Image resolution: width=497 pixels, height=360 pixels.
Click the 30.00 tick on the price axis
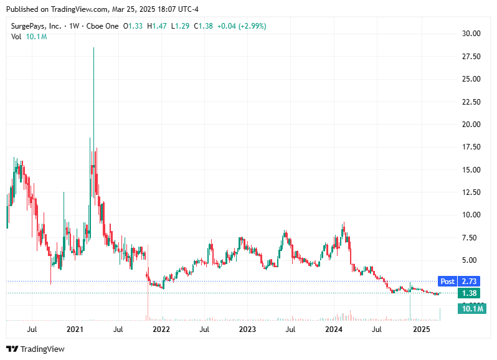point(470,34)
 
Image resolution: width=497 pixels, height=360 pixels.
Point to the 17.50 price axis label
point(470,147)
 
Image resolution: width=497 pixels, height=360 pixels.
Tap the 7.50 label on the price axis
point(470,237)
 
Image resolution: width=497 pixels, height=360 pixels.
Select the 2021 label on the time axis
point(75,329)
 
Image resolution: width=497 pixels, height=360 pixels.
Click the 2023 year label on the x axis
point(247,329)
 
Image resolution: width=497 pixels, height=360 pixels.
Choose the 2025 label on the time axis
point(421,329)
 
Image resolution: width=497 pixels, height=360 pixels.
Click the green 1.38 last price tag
point(468,293)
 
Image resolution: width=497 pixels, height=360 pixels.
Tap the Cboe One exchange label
point(103,26)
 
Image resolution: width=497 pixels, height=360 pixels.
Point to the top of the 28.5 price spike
point(93,48)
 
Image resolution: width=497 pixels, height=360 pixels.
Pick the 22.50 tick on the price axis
point(470,102)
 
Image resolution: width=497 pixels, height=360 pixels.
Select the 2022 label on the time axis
point(161,329)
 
